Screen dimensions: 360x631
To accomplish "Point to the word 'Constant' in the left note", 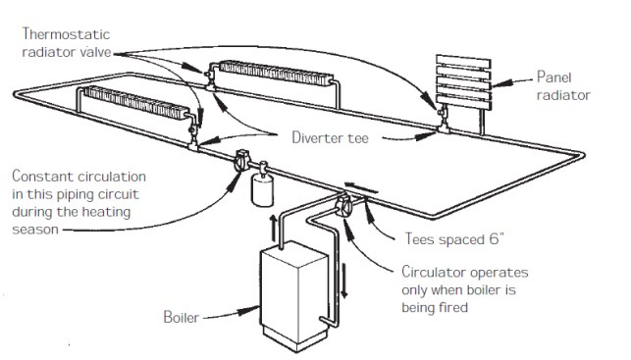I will click(x=40, y=177).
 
